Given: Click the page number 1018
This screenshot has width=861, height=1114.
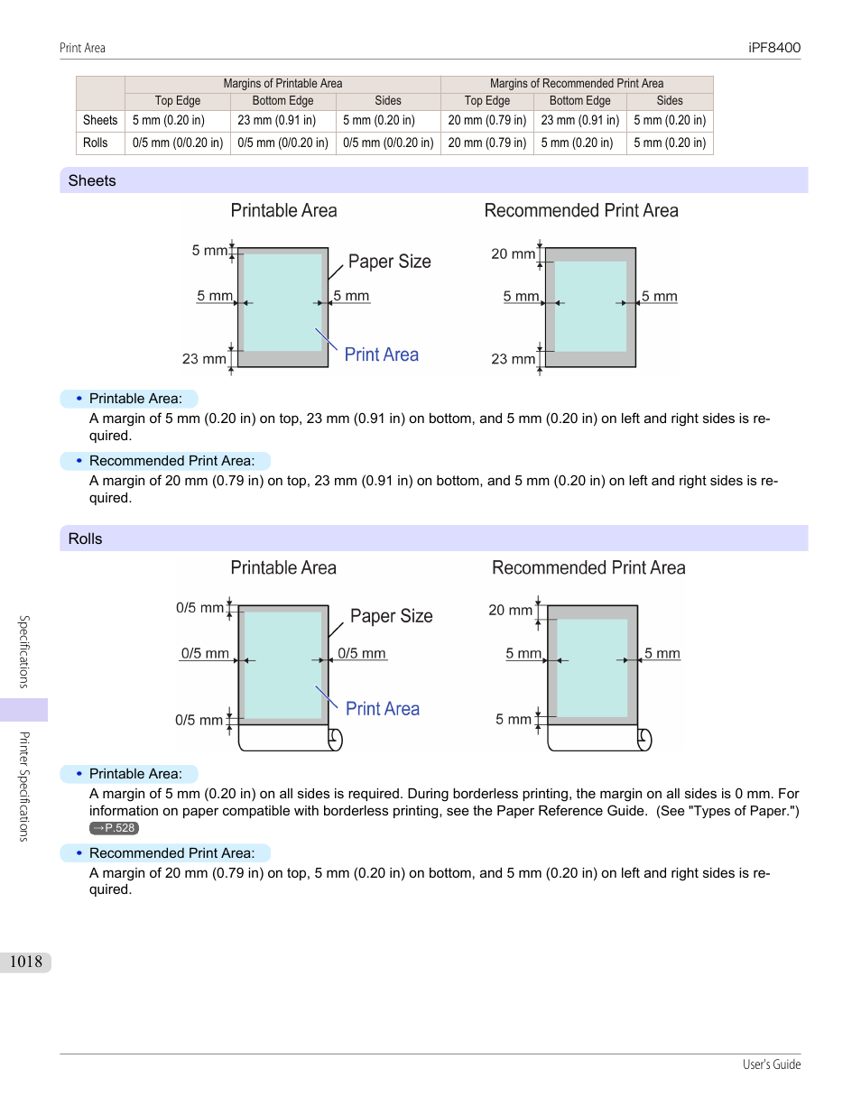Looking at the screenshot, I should point(26,962).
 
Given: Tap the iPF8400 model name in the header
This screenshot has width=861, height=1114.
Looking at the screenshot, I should point(773,48).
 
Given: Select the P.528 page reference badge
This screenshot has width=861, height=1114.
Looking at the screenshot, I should point(115,828).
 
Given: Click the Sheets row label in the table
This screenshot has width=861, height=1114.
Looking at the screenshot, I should point(100,120).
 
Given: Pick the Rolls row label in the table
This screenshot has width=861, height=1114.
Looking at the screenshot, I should point(96,143).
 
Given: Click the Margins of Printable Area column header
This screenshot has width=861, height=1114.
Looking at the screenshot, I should point(282,84).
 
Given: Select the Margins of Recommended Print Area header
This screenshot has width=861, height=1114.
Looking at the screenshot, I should point(576,84).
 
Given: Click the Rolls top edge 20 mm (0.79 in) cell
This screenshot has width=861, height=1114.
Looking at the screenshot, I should point(486,143).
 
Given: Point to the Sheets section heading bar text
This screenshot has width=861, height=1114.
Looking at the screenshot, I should point(92,180).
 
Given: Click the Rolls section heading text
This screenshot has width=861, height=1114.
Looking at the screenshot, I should point(86,539).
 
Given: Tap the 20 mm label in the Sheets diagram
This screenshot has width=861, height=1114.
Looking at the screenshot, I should point(513,254).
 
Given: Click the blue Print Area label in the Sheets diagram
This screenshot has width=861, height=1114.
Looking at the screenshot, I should point(381,354).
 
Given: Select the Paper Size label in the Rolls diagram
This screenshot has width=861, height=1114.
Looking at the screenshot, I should point(391,616).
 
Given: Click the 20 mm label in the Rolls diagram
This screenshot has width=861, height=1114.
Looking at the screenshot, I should point(510,611).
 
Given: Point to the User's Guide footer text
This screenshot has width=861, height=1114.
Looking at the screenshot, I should point(771,1064).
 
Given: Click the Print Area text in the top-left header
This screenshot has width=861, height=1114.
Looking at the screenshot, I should point(82,48).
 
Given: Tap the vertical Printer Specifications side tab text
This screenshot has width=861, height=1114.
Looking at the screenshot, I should point(24,786).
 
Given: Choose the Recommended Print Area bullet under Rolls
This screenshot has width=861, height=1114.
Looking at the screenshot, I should point(171,853).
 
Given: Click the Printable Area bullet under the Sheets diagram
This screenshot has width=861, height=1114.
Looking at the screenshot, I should point(135,399).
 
